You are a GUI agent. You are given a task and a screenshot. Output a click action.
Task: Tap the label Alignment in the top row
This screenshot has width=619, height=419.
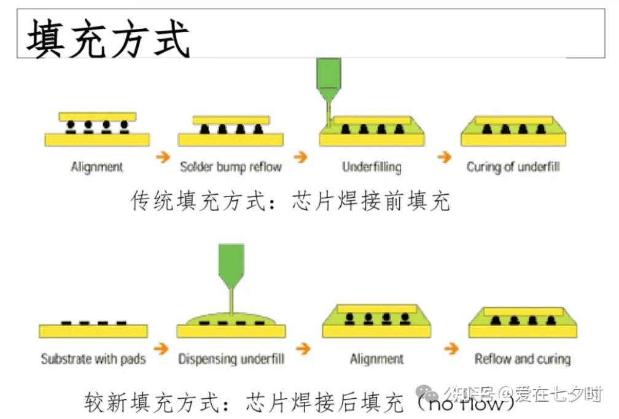[x=97, y=166]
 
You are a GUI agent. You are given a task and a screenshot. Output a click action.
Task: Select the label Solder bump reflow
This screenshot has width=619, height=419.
[x=231, y=166]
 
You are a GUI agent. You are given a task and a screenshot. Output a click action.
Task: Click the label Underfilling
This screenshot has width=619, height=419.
[x=372, y=166]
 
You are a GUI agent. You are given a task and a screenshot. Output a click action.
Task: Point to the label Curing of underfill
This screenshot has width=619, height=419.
[x=513, y=166]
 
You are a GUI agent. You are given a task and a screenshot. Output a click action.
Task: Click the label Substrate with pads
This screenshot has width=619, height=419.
[x=93, y=358]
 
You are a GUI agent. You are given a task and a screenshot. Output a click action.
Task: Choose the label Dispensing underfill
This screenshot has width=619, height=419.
[x=231, y=358]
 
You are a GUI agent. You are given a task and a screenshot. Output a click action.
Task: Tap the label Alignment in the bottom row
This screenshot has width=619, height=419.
[x=377, y=358]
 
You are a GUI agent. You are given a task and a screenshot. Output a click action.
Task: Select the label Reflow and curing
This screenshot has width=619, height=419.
[x=523, y=358]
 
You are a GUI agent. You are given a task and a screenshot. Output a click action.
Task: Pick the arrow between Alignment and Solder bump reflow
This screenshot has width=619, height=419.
[x=163, y=157]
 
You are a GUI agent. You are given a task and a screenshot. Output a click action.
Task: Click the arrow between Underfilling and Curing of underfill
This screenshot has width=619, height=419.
[x=444, y=157]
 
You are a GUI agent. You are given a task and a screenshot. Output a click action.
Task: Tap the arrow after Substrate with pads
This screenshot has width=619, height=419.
[x=161, y=349]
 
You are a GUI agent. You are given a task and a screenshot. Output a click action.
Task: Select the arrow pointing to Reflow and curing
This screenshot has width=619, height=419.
[x=451, y=349]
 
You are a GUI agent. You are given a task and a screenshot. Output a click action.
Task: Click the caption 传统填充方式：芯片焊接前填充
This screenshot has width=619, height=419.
[x=290, y=201]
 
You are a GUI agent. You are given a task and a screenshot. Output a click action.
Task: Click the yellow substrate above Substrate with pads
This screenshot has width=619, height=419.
[x=93, y=331]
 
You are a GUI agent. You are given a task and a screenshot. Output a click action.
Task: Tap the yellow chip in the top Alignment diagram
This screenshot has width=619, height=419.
[x=97, y=116]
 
